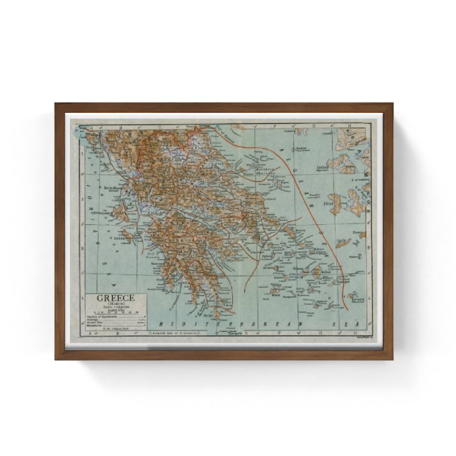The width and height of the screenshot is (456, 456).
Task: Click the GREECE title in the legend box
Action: pos(114,297)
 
